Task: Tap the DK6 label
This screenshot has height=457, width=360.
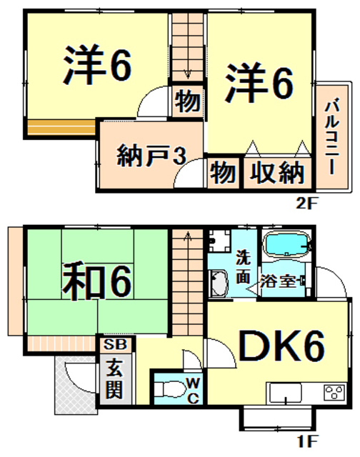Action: pyautogui.click(x=282, y=348)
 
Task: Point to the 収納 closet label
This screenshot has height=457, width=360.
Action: pyautogui.click(x=277, y=174)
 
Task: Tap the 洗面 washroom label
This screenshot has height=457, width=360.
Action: pyautogui.click(x=244, y=266)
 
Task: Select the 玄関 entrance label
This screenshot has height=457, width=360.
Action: pyautogui.click(x=114, y=379)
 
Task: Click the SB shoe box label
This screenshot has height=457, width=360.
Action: pyautogui.click(x=114, y=344)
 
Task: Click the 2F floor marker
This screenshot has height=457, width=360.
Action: pyautogui.click(x=305, y=203)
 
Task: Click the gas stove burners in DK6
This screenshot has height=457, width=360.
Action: pyautogui.click(x=334, y=393)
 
